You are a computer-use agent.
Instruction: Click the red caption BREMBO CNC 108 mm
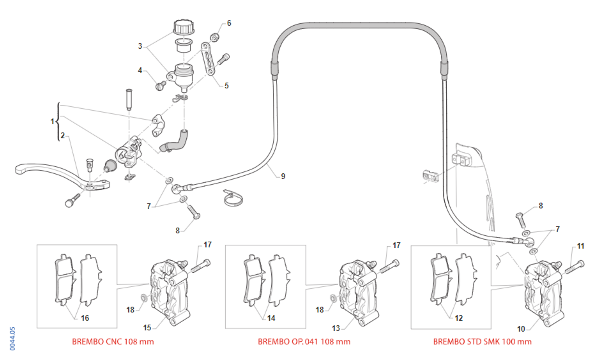tap(113, 342)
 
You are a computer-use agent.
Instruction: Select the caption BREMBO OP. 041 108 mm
tap(304, 342)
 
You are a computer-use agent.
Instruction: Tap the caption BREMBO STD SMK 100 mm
tap(482, 342)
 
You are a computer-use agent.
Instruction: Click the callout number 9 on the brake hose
tap(283, 176)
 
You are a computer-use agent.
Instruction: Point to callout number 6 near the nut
tap(229, 23)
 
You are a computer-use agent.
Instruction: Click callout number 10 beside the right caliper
tap(521, 329)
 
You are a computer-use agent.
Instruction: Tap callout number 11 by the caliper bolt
tap(580, 246)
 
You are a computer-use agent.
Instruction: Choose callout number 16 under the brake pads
tap(85, 318)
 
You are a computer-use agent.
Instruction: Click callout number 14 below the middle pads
tap(271, 318)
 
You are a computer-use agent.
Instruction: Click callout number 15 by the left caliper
tap(147, 328)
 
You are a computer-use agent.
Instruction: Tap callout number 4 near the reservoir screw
tap(140, 70)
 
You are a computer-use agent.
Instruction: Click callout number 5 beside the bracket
tap(226, 86)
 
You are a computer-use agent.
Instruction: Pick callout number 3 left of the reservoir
tap(141, 46)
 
